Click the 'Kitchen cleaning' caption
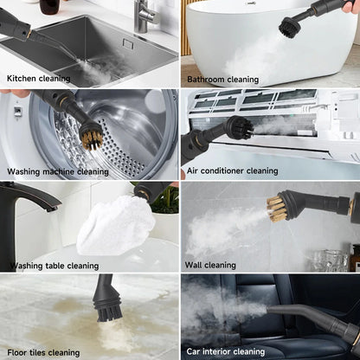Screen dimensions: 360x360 (39, 79)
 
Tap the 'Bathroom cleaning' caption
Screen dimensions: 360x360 (222, 80)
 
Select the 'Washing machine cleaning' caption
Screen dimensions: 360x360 (58, 171)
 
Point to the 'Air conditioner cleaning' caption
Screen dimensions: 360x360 (232, 170)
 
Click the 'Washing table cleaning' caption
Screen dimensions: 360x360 (55, 266)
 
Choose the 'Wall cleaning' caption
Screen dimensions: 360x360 (210, 265)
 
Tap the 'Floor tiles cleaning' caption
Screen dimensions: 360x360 (43, 352)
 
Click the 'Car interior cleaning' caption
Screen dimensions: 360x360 (226, 351)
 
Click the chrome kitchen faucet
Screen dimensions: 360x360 (145, 15)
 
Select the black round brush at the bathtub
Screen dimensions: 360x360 (290, 27)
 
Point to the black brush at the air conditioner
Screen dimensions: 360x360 (240, 128)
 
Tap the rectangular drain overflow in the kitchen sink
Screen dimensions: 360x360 (128, 44)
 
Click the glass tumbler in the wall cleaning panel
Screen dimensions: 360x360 (331, 260)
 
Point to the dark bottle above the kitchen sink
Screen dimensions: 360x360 (50, 6)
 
